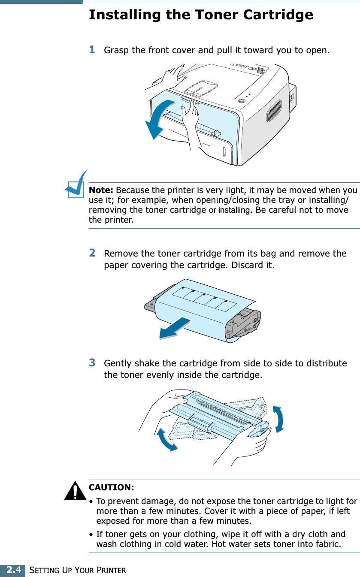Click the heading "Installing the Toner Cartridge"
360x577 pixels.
coord(201,15)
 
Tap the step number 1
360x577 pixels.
coord(92,50)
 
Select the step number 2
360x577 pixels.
coord(92,253)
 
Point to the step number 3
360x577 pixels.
coord(92,363)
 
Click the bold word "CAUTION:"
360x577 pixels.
coord(111,488)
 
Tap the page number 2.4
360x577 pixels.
coord(12,570)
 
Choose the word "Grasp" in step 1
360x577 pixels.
coord(117,50)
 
